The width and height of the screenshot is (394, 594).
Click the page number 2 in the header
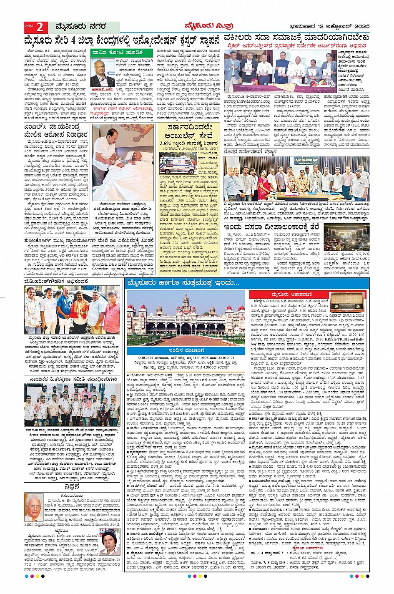(x=40, y=28)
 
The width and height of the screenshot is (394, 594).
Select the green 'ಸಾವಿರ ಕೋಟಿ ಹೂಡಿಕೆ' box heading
(x=117, y=53)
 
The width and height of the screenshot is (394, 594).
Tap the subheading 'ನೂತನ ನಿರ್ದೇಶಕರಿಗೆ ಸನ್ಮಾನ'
(x=250, y=152)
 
